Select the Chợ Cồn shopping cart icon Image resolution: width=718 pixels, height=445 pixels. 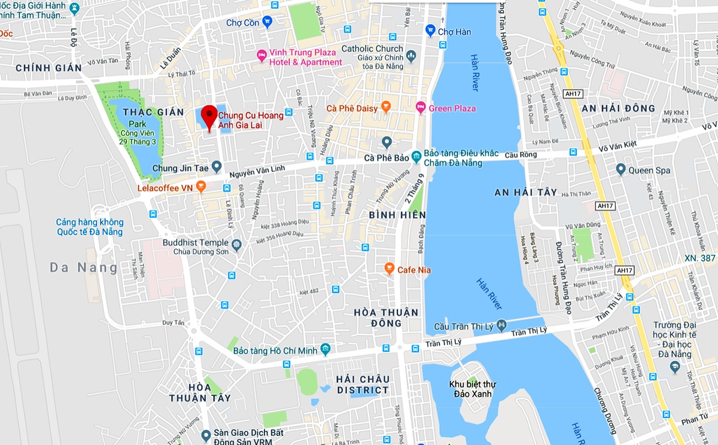[x=267, y=23]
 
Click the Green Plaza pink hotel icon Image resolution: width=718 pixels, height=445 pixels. [x=421, y=108]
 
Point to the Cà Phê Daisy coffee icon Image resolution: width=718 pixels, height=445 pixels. [x=386, y=108]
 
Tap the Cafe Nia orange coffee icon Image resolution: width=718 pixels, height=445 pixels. [x=389, y=269]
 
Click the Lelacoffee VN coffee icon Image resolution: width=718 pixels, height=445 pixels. [x=201, y=186]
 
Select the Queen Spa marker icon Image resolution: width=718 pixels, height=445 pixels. [x=620, y=170]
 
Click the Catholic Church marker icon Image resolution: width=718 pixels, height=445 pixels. [x=410, y=56]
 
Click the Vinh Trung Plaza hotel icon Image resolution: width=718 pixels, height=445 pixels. [x=261, y=56]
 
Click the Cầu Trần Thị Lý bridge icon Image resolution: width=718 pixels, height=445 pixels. [x=501, y=325]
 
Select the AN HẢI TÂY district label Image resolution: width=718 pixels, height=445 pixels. [x=525, y=193]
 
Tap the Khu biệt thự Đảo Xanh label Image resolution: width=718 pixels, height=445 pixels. [x=473, y=389]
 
